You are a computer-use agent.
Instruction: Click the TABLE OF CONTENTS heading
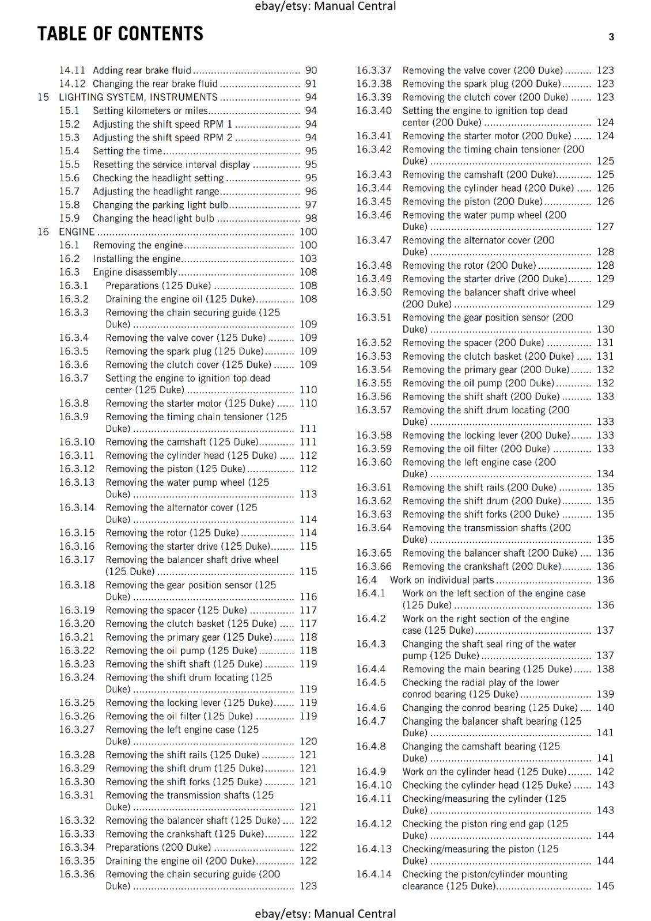click(x=120, y=34)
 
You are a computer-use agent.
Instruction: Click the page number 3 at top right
click(x=611, y=37)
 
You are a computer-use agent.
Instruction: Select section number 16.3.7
click(x=74, y=378)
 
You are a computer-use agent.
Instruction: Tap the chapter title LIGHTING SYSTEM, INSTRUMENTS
click(x=138, y=97)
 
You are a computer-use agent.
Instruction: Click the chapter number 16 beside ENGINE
click(x=43, y=232)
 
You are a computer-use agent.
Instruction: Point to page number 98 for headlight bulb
click(x=311, y=218)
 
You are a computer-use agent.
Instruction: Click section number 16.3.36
click(x=77, y=874)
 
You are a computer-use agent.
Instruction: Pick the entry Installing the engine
click(x=137, y=259)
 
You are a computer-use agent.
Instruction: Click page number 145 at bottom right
click(x=605, y=886)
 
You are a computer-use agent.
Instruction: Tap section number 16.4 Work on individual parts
click(x=366, y=580)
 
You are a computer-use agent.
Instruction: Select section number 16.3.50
click(x=373, y=292)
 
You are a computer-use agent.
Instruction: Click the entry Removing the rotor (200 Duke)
click(x=469, y=265)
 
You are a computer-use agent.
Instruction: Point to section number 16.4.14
click(x=373, y=874)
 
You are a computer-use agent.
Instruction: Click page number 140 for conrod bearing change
click(x=605, y=708)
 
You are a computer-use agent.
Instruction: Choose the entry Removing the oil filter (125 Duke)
click(x=179, y=716)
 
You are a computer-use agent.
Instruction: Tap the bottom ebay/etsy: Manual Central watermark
click(x=325, y=914)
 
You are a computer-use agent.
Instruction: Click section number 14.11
click(x=72, y=70)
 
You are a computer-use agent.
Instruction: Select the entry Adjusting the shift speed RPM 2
click(x=162, y=138)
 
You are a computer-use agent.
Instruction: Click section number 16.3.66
click(x=373, y=566)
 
